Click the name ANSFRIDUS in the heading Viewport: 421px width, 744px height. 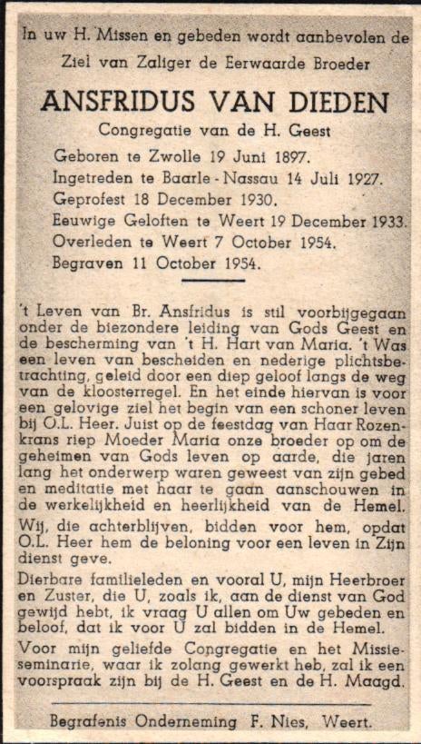click(114, 101)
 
